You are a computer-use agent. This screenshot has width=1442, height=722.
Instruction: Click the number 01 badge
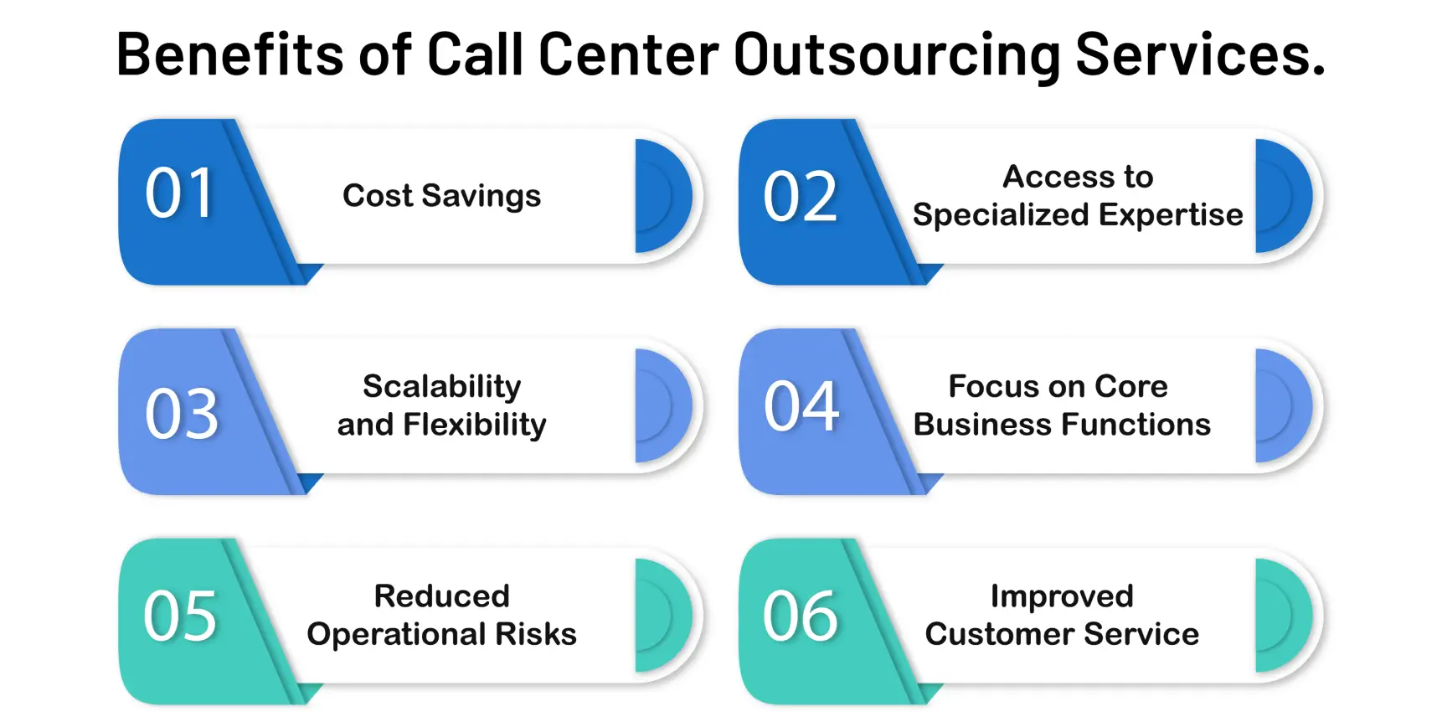[x=180, y=193]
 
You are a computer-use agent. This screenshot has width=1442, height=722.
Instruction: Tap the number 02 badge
[x=800, y=198]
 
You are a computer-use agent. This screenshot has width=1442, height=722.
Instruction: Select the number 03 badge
[x=182, y=414]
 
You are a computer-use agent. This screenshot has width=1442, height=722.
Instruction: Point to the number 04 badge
[x=801, y=407]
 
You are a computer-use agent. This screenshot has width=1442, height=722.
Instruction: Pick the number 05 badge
[x=180, y=616]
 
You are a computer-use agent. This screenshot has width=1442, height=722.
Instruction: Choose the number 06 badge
[x=800, y=616]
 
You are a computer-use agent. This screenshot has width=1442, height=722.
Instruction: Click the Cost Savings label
[x=441, y=196]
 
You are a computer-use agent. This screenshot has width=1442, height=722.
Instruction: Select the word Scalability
[x=441, y=386]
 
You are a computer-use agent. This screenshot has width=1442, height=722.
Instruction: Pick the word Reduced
[x=441, y=596]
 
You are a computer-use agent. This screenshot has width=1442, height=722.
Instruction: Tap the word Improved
[x=1062, y=596]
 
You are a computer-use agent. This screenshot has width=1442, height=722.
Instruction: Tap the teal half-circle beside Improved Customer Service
[x=1282, y=616]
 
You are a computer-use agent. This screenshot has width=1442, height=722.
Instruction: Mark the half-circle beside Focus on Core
[x=1282, y=405]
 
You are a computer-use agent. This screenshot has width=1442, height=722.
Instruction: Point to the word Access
[x=1046, y=177]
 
